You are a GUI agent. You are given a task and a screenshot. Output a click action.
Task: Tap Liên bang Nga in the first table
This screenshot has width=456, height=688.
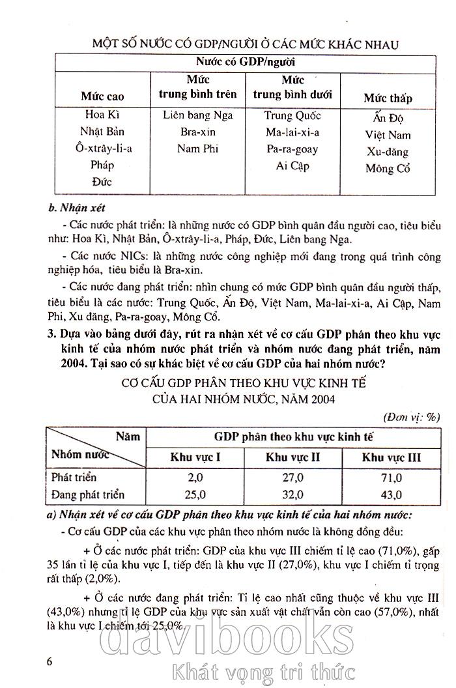(198, 115)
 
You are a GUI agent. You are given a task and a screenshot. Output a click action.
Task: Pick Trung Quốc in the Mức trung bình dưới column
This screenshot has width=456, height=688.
(292, 115)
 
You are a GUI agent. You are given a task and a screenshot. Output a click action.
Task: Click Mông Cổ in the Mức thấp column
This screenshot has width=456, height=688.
(388, 169)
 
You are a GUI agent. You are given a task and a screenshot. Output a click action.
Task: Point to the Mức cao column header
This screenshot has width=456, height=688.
(102, 96)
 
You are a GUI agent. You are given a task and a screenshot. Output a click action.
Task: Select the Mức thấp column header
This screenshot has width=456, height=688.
(388, 98)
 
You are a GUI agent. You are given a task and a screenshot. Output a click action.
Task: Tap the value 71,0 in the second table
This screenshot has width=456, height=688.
(391, 477)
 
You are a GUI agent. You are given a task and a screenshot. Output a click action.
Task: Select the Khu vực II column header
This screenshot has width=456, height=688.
(292, 457)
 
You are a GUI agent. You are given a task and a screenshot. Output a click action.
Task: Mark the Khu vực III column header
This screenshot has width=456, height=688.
(391, 457)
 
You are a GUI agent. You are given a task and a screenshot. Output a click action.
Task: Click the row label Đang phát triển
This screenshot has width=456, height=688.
(87, 494)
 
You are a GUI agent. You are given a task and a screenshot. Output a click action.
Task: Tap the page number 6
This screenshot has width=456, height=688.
(50, 661)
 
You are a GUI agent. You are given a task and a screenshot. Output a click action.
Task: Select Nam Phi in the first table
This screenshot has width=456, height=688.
(198, 149)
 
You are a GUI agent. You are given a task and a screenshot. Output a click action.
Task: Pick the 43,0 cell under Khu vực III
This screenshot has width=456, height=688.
(391, 494)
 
